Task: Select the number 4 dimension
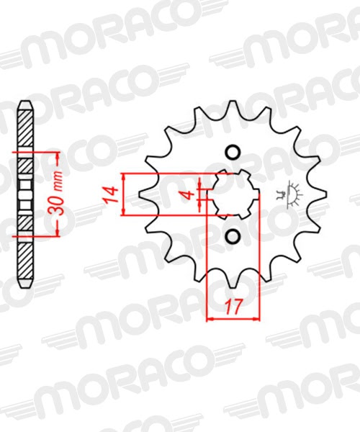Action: (189, 194)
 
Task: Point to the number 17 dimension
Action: (232, 307)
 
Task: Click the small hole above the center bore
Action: (233, 153)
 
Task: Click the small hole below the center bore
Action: (233, 237)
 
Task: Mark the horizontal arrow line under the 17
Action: (232, 318)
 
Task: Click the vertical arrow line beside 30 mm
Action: (57, 194)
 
